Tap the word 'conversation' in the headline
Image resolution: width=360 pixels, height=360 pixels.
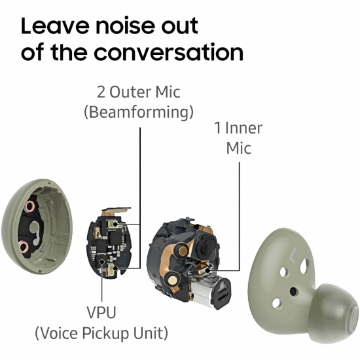168,52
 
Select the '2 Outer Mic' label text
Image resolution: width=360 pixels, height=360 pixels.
139,92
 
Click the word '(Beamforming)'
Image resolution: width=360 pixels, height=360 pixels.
139,113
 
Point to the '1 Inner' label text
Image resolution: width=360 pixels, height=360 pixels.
238,128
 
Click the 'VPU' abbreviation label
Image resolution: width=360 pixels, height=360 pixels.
101,312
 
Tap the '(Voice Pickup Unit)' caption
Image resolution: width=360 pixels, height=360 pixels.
101,333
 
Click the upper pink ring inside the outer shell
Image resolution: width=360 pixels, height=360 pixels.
30,206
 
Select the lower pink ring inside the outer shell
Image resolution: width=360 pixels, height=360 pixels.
24,247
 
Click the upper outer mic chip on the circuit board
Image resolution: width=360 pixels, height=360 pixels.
113,223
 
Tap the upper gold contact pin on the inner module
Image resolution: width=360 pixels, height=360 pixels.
183,251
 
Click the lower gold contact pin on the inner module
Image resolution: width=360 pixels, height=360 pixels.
172,279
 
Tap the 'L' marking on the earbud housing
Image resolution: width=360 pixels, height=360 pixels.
293,255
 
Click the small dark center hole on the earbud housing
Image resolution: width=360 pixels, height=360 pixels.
293,291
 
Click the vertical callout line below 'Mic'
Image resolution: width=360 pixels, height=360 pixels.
239,217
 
